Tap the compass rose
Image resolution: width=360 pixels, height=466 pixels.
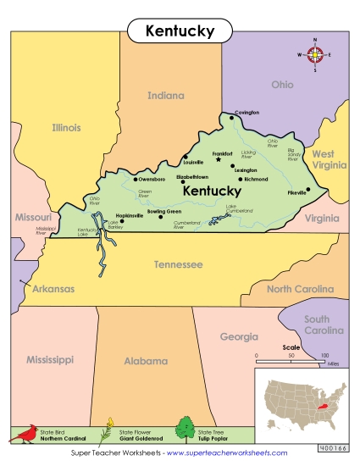coord(314,55)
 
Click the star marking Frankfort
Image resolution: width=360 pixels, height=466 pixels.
coord(218,158)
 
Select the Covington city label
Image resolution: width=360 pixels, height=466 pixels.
coord(246,112)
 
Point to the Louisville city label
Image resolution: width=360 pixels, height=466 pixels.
coord(192,162)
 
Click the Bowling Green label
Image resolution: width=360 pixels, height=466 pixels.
coord(164,211)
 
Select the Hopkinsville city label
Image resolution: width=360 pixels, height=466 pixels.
coord(129,215)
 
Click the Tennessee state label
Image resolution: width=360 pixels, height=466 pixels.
coord(178,264)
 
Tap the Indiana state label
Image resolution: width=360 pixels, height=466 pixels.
coord(165,96)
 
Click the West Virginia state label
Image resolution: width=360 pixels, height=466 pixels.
coord(323,159)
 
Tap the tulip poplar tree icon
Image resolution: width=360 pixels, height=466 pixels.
coord(185,430)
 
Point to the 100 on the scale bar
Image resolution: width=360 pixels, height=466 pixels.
coord(324,356)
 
